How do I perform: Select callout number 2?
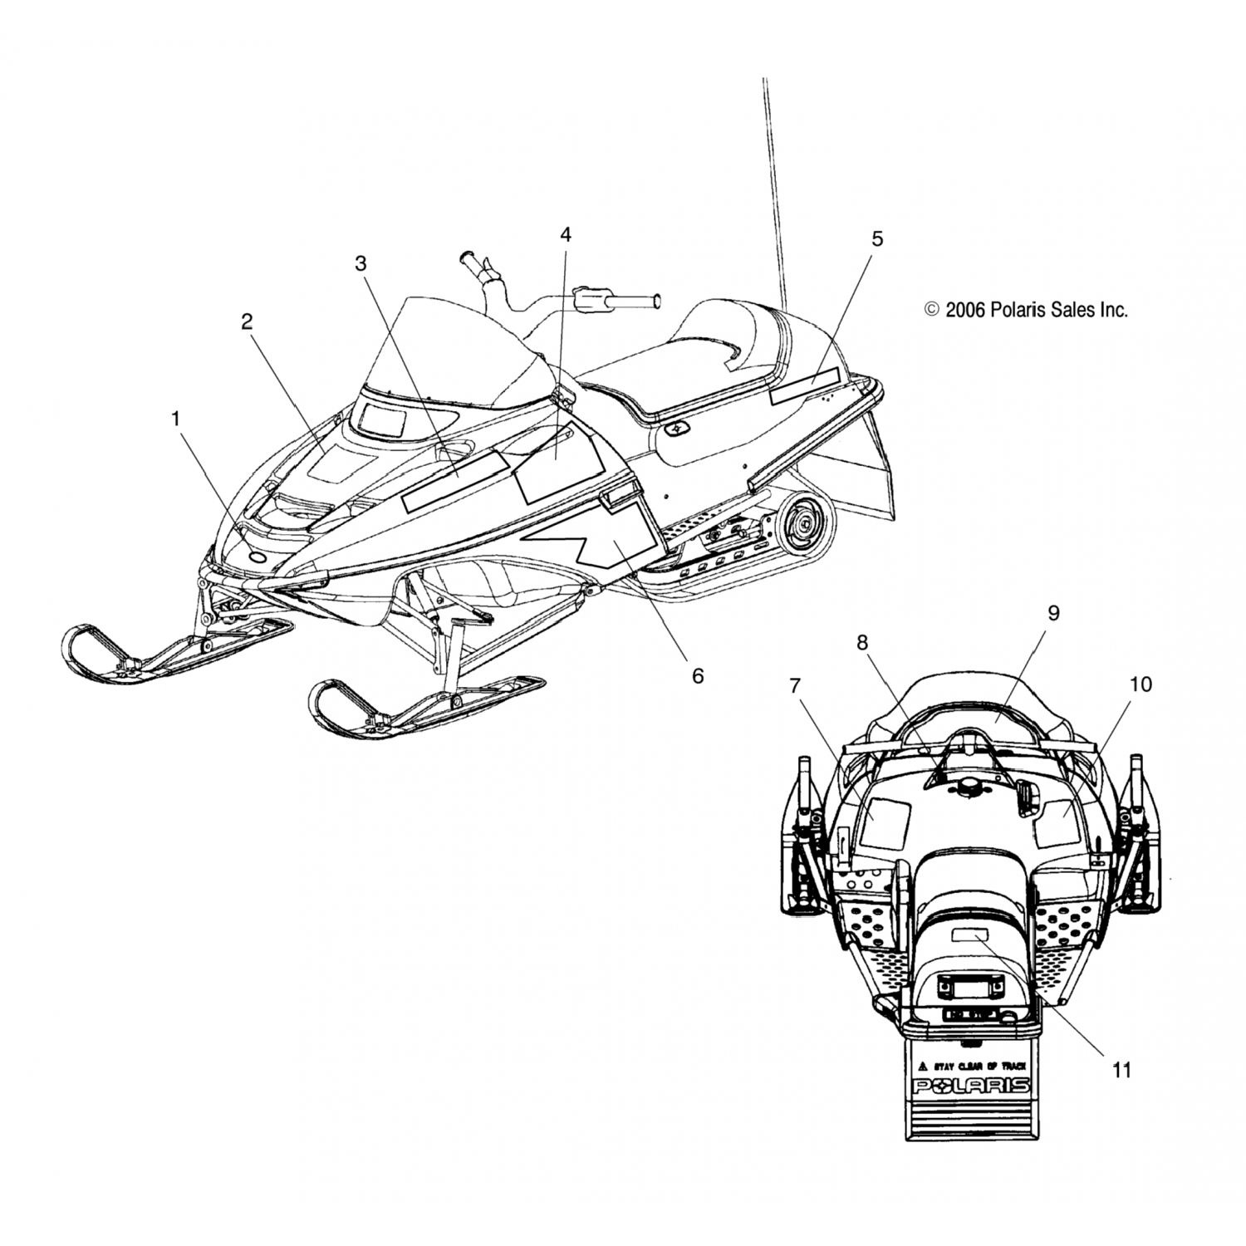(247, 322)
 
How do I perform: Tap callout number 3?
(361, 264)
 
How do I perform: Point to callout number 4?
(565, 235)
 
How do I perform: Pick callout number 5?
(877, 239)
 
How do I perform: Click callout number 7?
(795, 685)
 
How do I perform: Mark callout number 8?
(861, 642)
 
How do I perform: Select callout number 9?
(1053, 614)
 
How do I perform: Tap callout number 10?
(1141, 684)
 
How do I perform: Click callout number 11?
(1121, 1070)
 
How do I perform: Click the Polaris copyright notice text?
(1026, 311)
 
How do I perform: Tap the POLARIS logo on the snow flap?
(971, 1086)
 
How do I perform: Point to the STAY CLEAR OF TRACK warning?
(971, 1066)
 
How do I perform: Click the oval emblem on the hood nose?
(257, 558)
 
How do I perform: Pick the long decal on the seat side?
(805, 389)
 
